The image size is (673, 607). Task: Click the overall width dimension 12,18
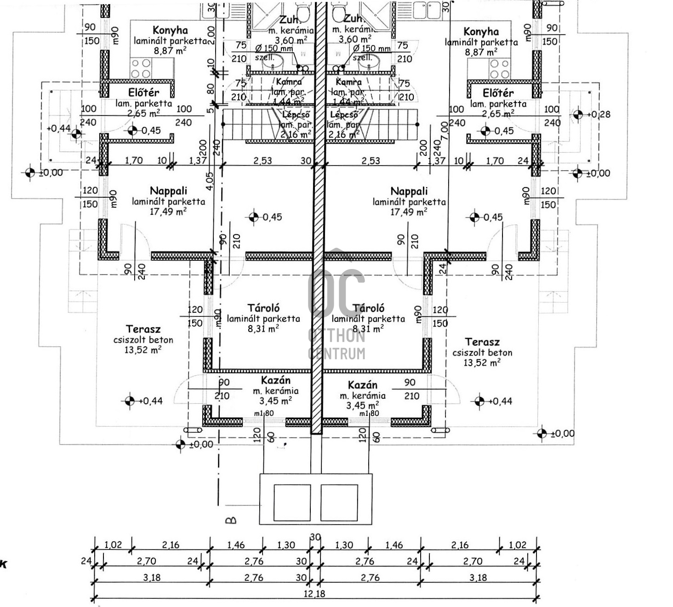[x=314, y=593]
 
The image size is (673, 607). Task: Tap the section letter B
[x=231, y=520]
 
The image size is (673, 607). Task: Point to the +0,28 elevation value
[x=600, y=115]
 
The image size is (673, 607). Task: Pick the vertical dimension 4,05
[x=210, y=181]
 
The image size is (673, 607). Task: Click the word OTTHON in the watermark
[x=336, y=336]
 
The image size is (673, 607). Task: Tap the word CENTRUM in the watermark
[x=336, y=353]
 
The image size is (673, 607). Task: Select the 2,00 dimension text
[x=211, y=34]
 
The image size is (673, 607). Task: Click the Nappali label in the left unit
[x=168, y=191]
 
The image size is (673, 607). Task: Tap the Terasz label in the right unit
[x=482, y=342]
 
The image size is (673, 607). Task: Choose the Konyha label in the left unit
[x=170, y=30]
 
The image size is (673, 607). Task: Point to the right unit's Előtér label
[x=498, y=93]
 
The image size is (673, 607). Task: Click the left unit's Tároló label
[x=263, y=308]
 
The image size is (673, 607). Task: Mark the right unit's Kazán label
[x=362, y=385]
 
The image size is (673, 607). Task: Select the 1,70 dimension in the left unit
[x=134, y=161]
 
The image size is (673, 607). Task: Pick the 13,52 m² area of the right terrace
[x=482, y=363]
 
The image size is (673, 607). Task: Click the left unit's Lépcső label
[x=296, y=115]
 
